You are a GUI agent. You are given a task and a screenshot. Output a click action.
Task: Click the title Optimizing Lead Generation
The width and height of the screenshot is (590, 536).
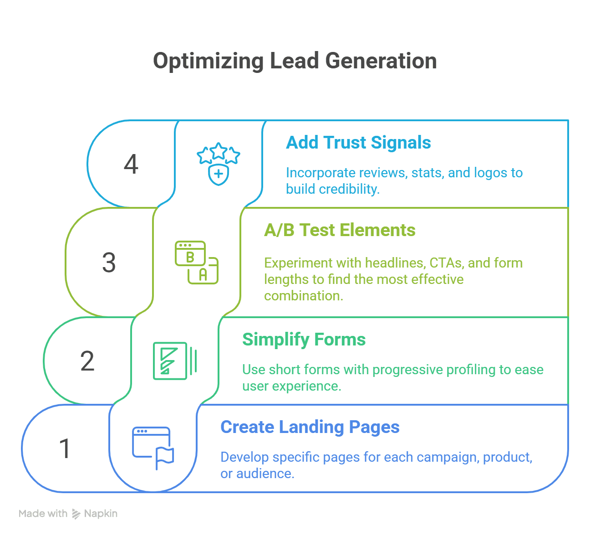click(x=295, y=61)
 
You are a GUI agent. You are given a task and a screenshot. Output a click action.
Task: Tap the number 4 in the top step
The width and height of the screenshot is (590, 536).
click(x=131, y=164)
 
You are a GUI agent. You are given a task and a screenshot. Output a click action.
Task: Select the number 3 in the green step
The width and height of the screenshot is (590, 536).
click(x=109, y=263)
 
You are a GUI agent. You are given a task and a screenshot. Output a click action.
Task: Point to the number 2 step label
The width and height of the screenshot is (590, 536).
click(x=87, y=361)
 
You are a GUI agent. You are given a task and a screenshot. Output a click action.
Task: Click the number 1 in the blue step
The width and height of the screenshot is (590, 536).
click(x=66, y=448)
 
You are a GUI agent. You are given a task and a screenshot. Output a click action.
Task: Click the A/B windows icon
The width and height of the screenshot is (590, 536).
click(x=197, y=263)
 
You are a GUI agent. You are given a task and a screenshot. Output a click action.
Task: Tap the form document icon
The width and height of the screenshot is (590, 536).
click(x=174, y=361)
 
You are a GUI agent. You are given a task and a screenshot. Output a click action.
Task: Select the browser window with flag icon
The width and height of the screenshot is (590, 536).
click(x=153, y=448)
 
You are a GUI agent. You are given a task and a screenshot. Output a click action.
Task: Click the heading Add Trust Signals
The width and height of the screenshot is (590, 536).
click(x=358, y=143)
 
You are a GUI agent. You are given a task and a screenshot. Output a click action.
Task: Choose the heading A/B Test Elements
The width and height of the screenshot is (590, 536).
click(x=340, y=230)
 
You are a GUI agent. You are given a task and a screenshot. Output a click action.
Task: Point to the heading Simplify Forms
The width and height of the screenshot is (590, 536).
click(x=304, y=340)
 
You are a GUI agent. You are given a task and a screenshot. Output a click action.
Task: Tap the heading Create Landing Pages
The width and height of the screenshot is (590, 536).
click(x=310, y=427)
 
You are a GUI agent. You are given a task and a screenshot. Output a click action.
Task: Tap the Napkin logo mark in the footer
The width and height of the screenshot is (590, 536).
click(x=76, y=514)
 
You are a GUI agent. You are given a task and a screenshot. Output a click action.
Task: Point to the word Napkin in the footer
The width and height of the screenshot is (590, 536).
click(x=101, y=514)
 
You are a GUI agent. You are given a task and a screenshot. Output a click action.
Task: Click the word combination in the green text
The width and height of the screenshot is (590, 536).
click(x=303, y=296)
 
